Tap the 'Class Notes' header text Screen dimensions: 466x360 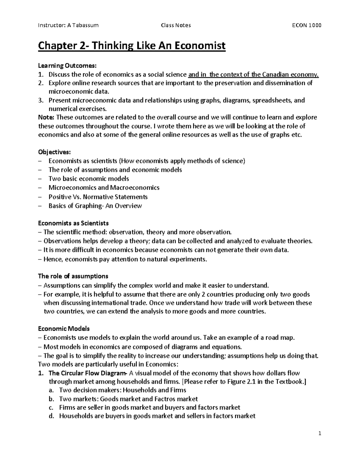(176, 25)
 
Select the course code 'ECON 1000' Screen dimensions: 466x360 (307, 25)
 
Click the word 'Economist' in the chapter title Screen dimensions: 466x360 (200, 46)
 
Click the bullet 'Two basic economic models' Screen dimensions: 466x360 (89, 179)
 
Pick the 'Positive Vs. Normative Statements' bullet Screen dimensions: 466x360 (98, 197)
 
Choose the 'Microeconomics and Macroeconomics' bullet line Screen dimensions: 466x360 (104, 188)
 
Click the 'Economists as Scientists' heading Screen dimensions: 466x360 (73, 223)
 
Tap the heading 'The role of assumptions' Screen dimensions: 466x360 (73, 276)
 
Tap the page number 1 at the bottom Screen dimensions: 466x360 (320, 433)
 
